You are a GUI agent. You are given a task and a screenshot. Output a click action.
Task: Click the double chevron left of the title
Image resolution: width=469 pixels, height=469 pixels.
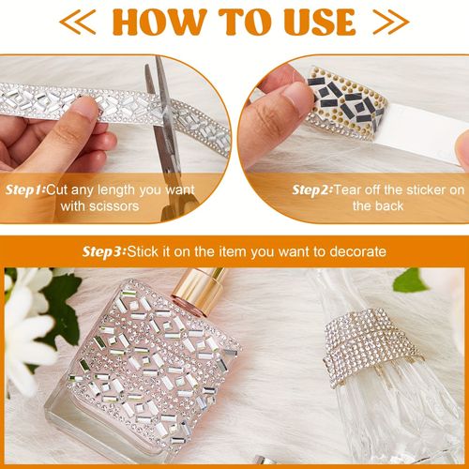pyautogui.click(x=78, y=22)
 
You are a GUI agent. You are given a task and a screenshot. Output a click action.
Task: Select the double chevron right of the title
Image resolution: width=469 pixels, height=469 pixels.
pyautogui.click(x=391, y=22)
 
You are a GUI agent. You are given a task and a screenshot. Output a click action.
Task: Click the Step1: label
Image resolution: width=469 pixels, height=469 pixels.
pyautogui.click(x=25, y=189)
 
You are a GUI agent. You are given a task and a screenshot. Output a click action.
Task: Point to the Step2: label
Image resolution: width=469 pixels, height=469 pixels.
pyautogui.click(x=312, y=189)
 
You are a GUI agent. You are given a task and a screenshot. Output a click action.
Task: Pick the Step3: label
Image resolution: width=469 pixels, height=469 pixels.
pyautogui.click(x=104, y=251)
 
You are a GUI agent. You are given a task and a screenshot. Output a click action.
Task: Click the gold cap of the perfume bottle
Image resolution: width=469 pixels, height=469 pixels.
pyautogui.click(x=199, y=288)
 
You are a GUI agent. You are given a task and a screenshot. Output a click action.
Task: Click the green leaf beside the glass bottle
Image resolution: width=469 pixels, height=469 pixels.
pyautogui.click(x=410, y=280)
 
